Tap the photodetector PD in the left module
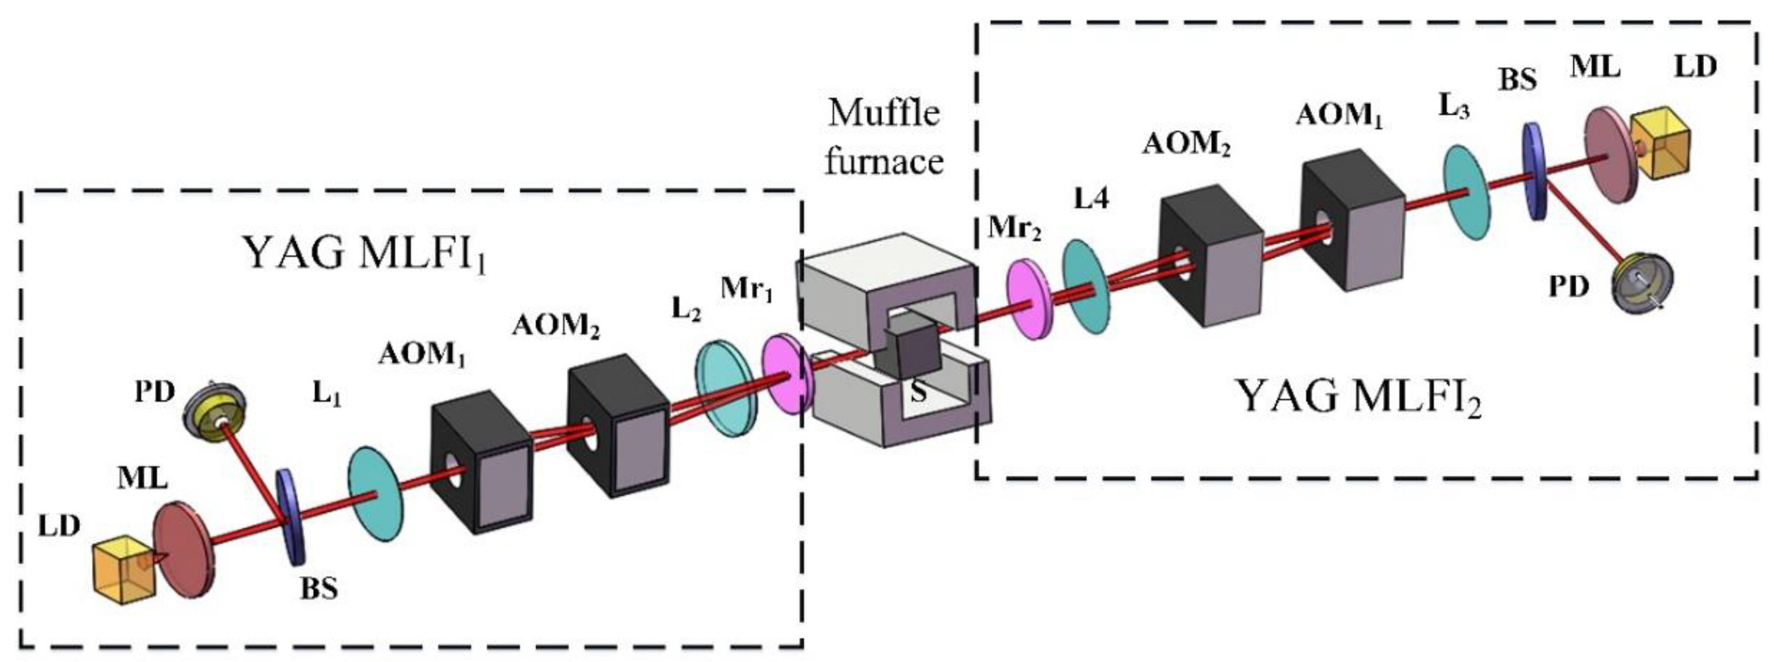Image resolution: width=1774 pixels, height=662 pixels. point(215,417)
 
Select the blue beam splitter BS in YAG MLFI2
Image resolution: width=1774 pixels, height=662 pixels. point(1534,172)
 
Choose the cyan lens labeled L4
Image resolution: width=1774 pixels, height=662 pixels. point(1086,287)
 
